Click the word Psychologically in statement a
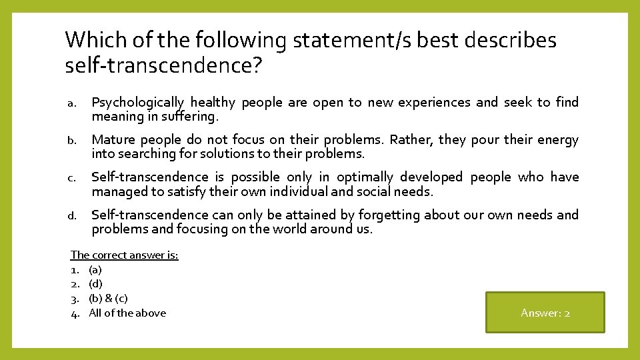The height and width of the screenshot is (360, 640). (x=137, y=103)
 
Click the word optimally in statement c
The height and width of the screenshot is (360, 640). (x=365, y=177)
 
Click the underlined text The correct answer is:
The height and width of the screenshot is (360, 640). (x=125, y=255)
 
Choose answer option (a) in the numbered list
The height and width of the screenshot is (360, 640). (x=95, y=270)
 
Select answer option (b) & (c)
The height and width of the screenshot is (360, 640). (x=108, y=299)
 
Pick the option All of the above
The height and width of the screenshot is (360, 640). (x=127, y=313)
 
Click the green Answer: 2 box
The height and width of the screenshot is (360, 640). (x=545, y=313)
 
